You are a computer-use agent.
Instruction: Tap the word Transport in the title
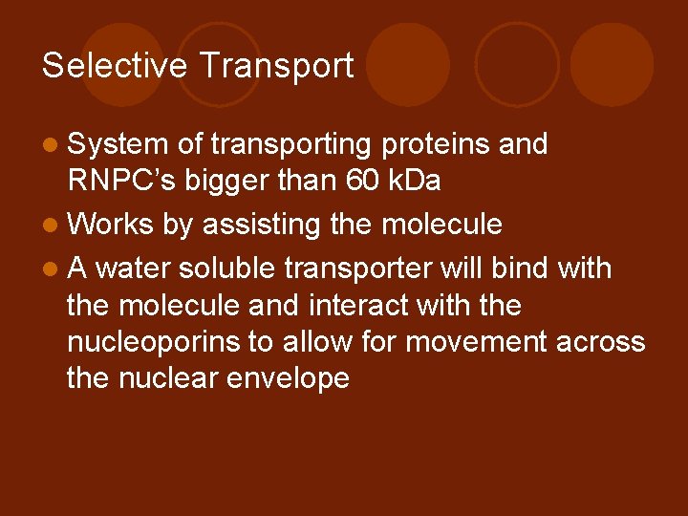click(x=277, y=65)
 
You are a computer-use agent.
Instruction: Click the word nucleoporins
click(x=155, y=342)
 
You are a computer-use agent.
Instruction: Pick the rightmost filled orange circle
click(x=613, y=65)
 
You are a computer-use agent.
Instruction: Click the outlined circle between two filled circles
click(x=517, y=65)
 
